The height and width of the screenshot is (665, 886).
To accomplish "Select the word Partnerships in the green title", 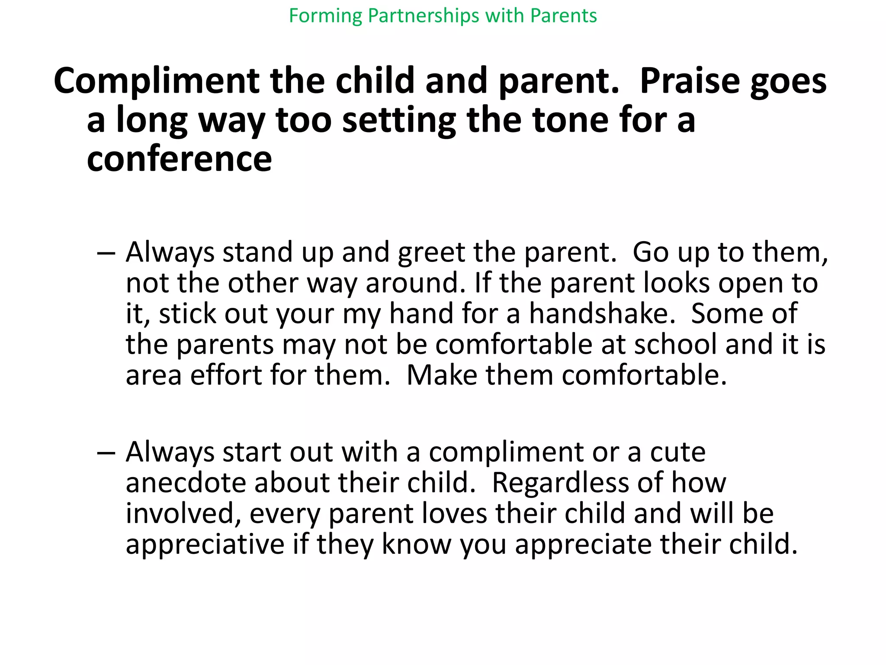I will pyautogui.click(x=424, y=16).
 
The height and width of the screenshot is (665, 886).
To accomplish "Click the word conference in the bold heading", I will pyautogui.click(x=179, y=159).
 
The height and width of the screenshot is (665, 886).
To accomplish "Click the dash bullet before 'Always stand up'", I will pyautogui.click(x=106, y=252).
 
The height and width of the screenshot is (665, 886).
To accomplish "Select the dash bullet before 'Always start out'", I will pyautogui.click(x=106, y=452).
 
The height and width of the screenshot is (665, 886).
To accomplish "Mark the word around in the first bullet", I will pyautogui.click(x=412, y=283).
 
